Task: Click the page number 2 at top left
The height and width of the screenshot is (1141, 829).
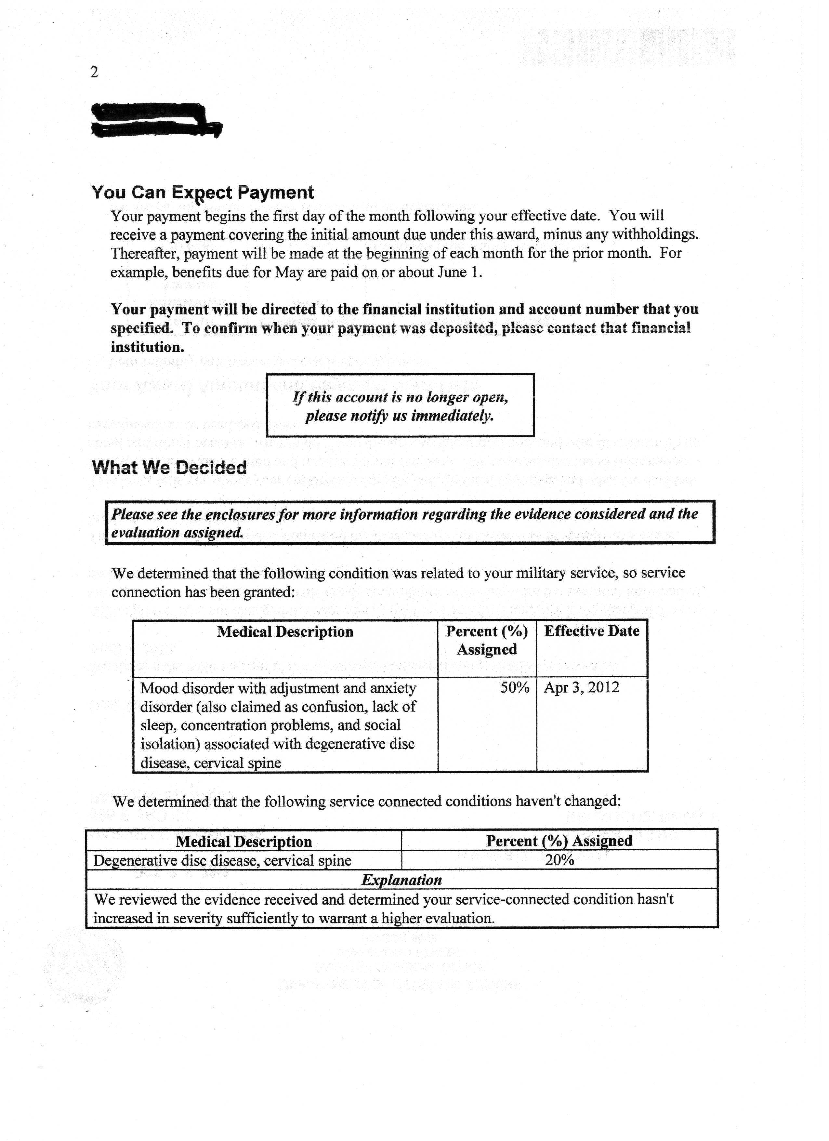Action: click(94, 73)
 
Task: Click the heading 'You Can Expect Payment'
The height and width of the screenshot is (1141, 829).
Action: click(202, 192)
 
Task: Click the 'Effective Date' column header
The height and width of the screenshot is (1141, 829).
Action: click(592, 631)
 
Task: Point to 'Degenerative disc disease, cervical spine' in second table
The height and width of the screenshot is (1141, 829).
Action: click(222, 860)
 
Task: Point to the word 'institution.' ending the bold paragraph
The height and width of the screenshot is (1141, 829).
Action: click(147, 347)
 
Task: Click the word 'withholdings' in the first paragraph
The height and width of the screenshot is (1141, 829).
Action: click(654, 234)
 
